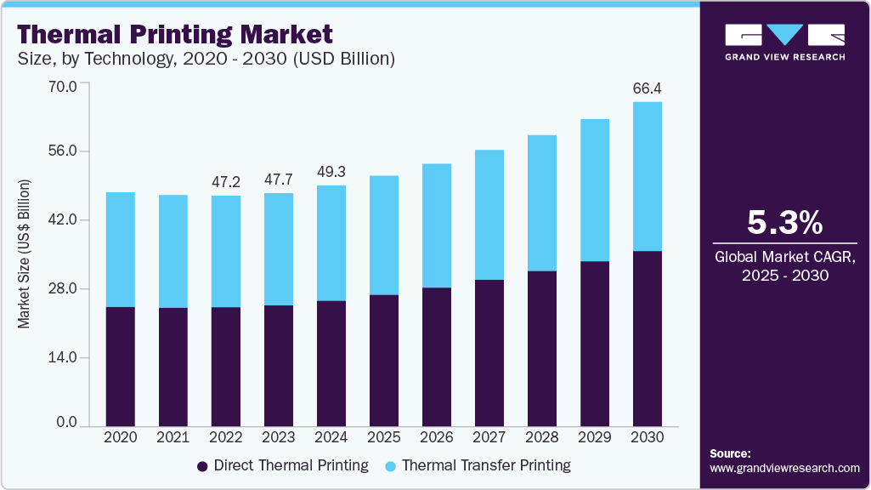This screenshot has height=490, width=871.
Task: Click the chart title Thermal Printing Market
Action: (174, 35)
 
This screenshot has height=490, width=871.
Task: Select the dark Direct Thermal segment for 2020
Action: (120, 366)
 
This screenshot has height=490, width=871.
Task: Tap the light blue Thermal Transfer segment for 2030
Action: (648, 176)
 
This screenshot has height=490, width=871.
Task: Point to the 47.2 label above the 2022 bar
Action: (225, 182)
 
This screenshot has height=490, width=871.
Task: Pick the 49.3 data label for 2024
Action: (331, 172)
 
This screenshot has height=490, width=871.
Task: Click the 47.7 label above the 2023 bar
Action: (278, 179)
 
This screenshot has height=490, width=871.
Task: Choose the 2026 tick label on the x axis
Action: (436, 437)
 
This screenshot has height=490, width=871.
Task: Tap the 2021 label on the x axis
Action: (173, 437)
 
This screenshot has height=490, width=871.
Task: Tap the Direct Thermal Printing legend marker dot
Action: (202, 466)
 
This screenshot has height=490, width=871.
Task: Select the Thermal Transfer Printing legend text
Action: (486, 466)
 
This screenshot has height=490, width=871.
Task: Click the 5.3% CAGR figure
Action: (784, 223)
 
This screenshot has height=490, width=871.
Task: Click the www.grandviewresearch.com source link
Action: (784, 468)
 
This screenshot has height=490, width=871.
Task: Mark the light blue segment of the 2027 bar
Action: (489, 214)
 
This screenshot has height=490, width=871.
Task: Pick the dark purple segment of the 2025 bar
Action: (383, 360)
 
